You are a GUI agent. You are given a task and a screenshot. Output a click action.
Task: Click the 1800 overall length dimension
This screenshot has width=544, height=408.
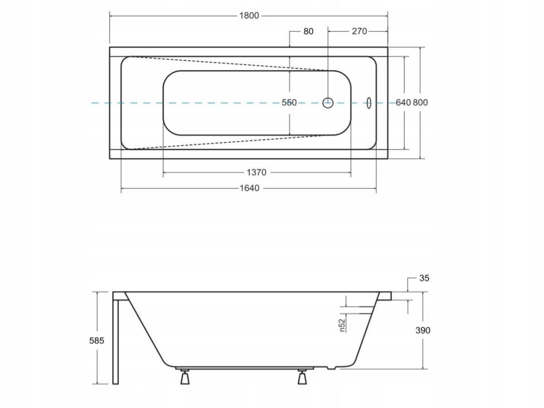pos(249,15)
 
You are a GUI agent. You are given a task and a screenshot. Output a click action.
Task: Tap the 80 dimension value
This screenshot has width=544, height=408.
pos(308,31)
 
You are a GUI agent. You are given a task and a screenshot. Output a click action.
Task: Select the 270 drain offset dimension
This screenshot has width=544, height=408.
pos(359,31)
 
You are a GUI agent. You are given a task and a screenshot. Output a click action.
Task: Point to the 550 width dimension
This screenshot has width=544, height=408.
pos(289,102)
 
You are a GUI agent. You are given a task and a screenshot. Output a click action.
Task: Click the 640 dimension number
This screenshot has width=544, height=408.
pos(403,102)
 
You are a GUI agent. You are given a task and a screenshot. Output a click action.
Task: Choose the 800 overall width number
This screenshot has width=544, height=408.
pos(420,102)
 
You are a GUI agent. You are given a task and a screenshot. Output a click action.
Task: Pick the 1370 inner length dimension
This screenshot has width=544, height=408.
pos(256,172)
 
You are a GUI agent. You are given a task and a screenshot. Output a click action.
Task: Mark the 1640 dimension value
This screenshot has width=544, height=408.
pos(249,188)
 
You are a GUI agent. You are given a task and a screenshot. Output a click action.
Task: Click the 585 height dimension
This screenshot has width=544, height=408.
pos(97,341)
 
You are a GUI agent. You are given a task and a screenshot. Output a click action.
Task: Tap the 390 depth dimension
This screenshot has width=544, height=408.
pos(423,330)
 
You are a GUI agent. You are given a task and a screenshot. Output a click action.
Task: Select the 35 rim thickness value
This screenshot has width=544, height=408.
pos(424,278)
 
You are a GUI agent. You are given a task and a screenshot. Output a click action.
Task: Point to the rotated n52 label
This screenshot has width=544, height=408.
pos(342,325)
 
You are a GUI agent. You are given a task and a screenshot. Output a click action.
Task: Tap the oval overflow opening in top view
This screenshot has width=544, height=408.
pos(369,102)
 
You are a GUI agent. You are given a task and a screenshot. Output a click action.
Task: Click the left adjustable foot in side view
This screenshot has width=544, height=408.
pos(185,377)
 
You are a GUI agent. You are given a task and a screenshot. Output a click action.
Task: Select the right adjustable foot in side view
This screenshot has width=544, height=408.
pos(302,377)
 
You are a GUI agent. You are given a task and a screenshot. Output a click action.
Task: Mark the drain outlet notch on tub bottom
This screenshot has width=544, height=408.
pos(331,368)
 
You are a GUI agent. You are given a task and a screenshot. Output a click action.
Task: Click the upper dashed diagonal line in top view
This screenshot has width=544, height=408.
pos(230,64)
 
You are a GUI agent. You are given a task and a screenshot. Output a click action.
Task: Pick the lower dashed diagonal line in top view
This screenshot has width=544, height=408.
pos(230,142)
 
